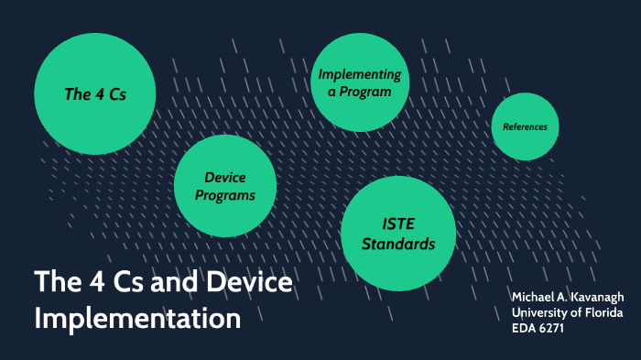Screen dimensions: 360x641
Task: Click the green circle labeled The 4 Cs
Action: pyautogui.click(x=94, y=93)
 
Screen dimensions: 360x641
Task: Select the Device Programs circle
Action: pyautogui.click(x=224, y=186)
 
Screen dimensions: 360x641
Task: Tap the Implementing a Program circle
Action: pyautogui.click(x=359, y=82)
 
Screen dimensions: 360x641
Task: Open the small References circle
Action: pyautogui.click(x=525, y=126)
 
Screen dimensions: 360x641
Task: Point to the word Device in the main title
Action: pyautogui.click(x=246, y=283)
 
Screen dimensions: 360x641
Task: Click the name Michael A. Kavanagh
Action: pyautogui.click(x=567, y=300)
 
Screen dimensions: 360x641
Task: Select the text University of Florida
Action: pyautogui.click(x=567, y=314)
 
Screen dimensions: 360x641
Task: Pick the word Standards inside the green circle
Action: pyautogui.click(x=397, y=245)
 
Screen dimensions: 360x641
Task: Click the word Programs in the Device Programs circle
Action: pyautogui.click(x=224, y=195)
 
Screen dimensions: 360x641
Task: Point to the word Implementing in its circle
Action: pyautogui.click(x=359, y=74)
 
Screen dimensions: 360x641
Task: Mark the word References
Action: pyautogui.click(x=525, y=126)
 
